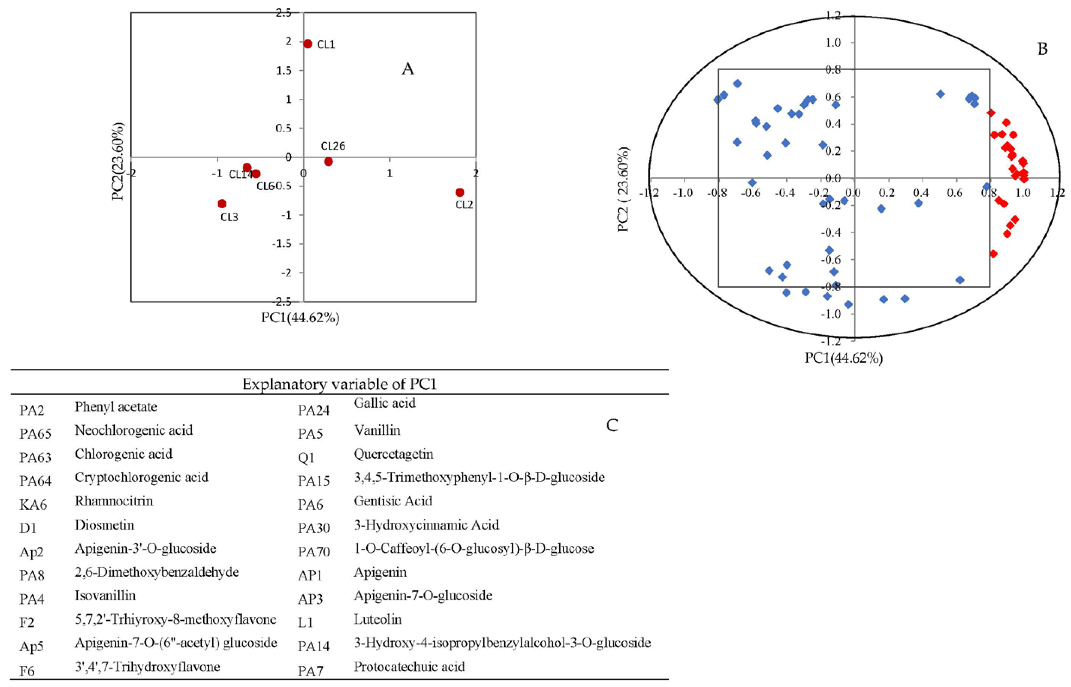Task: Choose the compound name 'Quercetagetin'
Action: click(x=393, y=454)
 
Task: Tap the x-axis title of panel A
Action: click(x=300, y=318)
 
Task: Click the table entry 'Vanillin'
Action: click(x=377, y=431)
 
